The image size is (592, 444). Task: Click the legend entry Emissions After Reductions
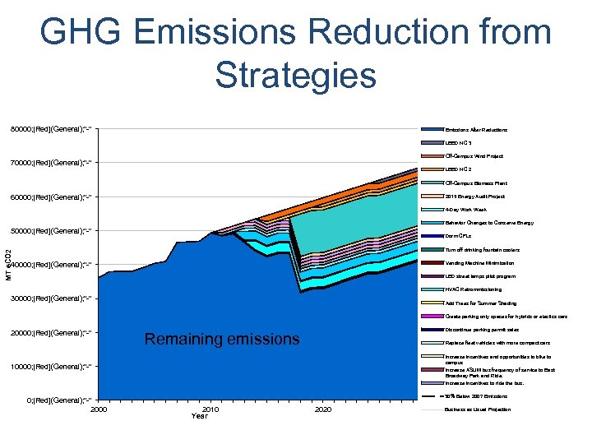point(476,130)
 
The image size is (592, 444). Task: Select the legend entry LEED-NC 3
point(458,143)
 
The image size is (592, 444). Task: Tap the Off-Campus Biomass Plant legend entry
point(476,183)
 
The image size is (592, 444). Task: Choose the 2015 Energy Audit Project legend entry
point(474,197)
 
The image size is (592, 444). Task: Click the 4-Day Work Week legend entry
point(465,210)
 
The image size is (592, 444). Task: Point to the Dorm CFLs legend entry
point(459,236)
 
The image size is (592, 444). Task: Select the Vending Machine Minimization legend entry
point(479,262)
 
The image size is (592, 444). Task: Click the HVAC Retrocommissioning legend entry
point(473,289)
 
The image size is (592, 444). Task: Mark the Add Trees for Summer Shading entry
point(480,303)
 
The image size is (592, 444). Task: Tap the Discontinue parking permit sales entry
point(482,329)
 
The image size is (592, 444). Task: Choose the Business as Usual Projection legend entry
point(478,409)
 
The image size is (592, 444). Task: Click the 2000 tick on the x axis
point(99,409)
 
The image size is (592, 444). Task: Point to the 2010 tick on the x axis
point(210,409)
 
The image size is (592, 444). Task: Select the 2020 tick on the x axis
point(323,409)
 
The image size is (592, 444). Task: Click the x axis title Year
point(200,416)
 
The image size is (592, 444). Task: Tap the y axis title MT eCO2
point(8,264)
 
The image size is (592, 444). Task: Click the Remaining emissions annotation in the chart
point(221,339)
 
